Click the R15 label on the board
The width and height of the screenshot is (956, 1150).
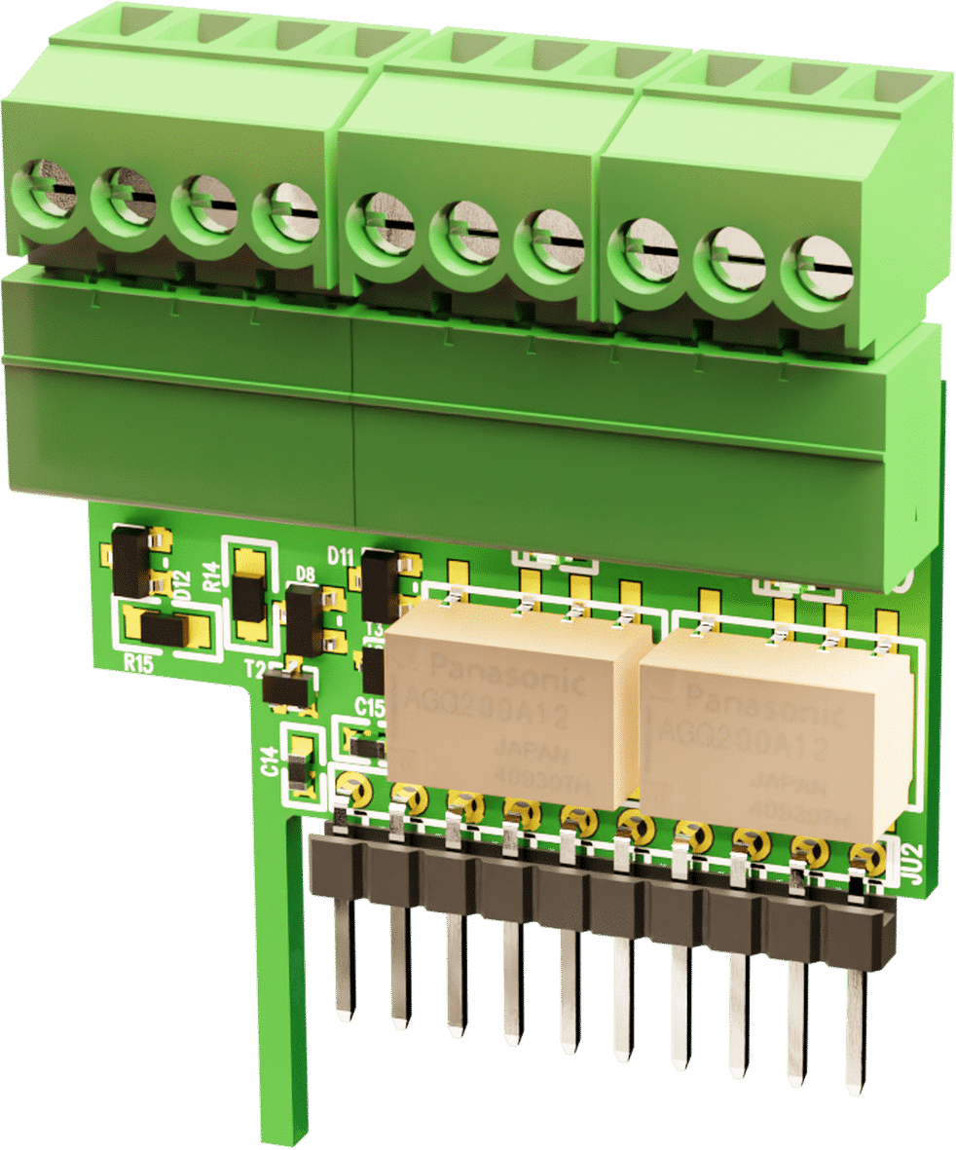click(140, 663)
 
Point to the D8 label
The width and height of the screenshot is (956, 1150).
click(305, 574)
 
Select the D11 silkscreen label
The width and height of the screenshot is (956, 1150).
click(341, 556)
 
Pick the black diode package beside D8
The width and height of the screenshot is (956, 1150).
click(304, 619)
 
